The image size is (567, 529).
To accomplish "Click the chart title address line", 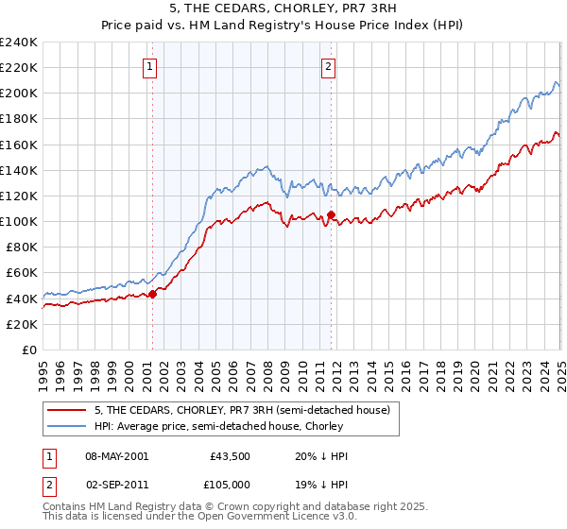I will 283,10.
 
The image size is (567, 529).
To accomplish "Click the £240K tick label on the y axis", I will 19,42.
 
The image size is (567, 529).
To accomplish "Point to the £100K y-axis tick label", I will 19,221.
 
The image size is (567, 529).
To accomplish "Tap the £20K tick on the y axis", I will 23,324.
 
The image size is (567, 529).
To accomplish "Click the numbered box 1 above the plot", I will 151,66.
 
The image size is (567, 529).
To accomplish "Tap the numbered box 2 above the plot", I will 328,66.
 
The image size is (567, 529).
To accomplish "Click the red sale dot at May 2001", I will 152,294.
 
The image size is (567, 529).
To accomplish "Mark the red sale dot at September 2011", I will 331,214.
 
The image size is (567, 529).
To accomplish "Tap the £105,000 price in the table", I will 230,484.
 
